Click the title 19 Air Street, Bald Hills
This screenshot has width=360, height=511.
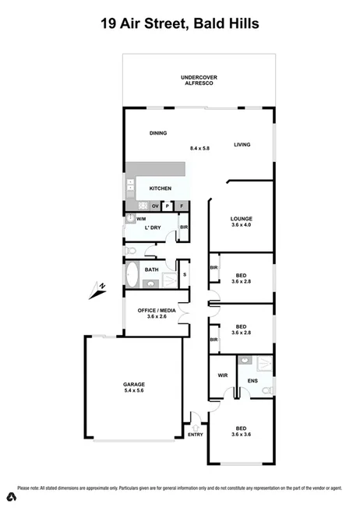pyautogui.click(x=180, y=24)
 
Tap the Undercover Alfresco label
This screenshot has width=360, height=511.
pyautogui.click(x=199, y=79)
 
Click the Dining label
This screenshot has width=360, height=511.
pyautogui.click(x=158, y=133)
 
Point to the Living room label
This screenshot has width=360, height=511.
pyautogui.click(x=242, y=144)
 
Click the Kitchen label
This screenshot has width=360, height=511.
pyautogui.click(x=161, y=189)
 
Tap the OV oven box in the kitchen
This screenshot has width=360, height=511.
pyautogui.click(x=155, y=206)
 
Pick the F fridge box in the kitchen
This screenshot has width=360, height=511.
pyautogui.click(x=182, y=206)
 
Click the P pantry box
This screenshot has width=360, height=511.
pyautogui.click(x=168, y=206)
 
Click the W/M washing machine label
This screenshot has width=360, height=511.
pyautogui.click(x=141, y=220)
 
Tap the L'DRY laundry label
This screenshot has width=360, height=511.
pyautogui.click(x=154, y=227)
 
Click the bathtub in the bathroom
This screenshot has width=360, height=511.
pyautogui.click(x=132, y=275)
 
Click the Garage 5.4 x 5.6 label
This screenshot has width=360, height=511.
pyautogui.click(x=134, y=388)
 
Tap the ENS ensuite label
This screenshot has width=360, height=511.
pyautogui.click(x=252, y=381)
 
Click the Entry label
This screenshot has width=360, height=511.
pyautogui.click(x=195, y=435)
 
